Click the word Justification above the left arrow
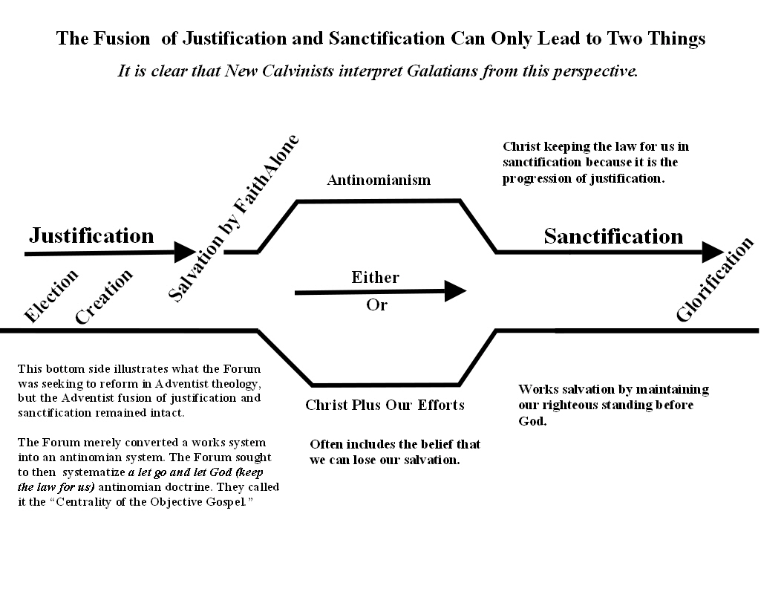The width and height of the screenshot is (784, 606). (91, 236)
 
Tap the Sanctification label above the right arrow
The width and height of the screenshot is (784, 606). (613, 236)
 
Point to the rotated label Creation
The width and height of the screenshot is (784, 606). (104, 296)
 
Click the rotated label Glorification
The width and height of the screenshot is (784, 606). (715, 279)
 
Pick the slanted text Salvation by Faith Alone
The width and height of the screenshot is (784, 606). (233, 218)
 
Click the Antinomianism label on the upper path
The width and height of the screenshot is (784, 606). (379, 180)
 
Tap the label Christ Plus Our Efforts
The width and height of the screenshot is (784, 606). (385, 405)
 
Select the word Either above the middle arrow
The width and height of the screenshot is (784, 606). (375, 278)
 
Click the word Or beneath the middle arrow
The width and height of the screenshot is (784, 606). (376, 305)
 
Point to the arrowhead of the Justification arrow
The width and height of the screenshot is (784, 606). (185, 252)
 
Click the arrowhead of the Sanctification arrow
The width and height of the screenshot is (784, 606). (713, 252)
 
